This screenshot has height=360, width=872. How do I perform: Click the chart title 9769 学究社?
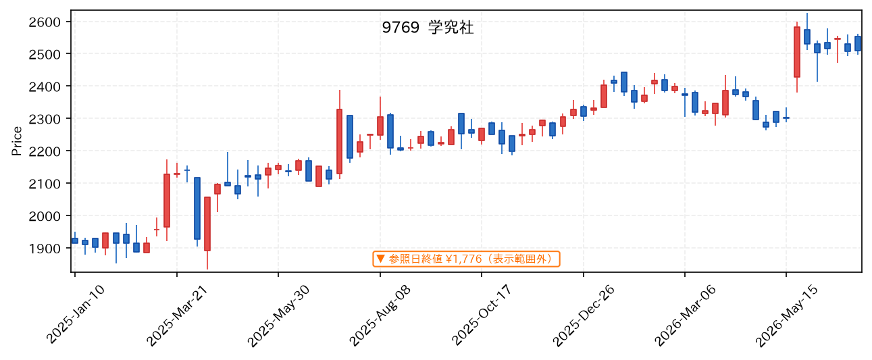click(x=428, y=28)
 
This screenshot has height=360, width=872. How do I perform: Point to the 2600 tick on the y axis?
click(x=45, y=22)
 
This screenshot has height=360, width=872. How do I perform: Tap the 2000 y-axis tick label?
click(x=45, y=216)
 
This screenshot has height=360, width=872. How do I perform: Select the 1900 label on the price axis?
click(x=45, y=249)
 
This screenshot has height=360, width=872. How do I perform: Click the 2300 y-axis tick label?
click(x=45, y=119)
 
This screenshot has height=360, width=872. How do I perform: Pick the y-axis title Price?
click(x=16, y=141)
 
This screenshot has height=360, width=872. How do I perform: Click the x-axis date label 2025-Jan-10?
click(x=76, y=315)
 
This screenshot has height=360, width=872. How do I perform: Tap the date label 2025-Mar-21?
click(x=177, y=315)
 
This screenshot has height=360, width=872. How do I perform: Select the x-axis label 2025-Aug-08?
click(x=380, y=315)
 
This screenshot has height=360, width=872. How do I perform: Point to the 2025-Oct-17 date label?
click(x=482, y=315)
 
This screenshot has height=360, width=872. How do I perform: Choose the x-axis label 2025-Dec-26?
click(x=584, y=315)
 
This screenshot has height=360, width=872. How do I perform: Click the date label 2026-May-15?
click(x=786, y=315)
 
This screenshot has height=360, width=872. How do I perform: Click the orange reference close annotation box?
click(x=466, y=259)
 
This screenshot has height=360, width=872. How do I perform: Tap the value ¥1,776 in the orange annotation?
click(x=463, y=259)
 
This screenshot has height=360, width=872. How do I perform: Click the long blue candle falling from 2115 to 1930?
click(x=197, y=208)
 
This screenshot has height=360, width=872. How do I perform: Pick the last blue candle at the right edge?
click(x=858, y=44)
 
